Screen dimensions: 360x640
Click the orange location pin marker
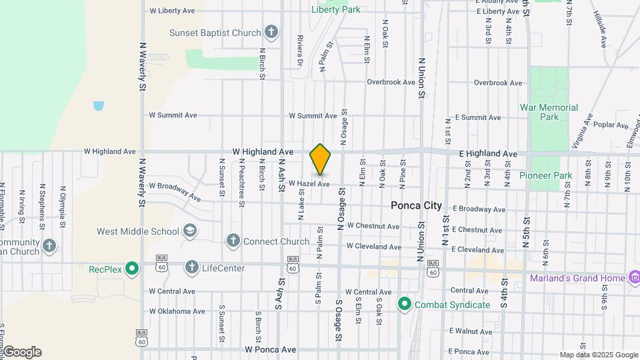point(321,159)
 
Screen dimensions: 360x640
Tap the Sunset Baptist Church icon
point(271,31)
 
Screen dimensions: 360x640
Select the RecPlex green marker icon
point(132,269)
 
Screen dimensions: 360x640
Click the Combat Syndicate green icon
point(404,305)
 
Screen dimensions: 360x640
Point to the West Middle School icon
point(190,231)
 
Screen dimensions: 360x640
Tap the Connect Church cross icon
point(233,241)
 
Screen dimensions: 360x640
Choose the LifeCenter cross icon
point(192,268)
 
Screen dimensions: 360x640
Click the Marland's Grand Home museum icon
point(634,277)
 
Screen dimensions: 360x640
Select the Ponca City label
point(416,206)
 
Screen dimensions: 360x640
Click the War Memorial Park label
point(549,112)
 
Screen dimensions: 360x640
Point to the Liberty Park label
point(336,9)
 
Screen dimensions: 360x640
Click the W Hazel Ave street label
point(309,184)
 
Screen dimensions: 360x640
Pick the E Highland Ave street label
point(488,154)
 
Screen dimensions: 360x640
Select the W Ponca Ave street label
point(270,349)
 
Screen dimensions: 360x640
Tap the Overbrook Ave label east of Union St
point(497,83)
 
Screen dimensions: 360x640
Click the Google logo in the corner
point(22,352)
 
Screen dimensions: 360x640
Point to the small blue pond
point(99,105)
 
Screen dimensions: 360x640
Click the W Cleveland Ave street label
point(373,247)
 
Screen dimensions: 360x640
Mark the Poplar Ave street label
point(611,125)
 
